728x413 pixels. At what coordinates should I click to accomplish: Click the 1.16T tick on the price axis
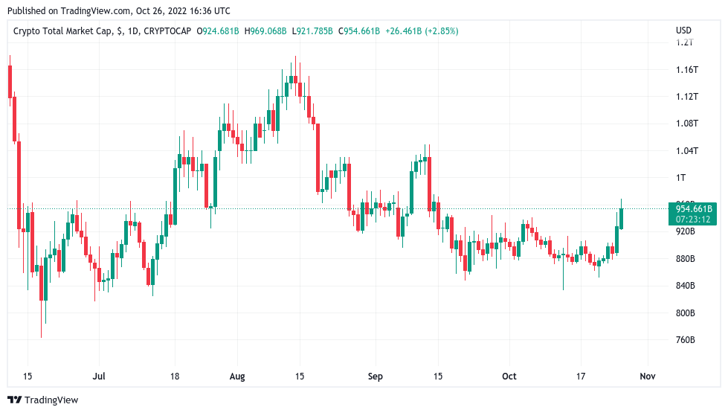[686, 69]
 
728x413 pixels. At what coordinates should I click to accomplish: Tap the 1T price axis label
[680, 178]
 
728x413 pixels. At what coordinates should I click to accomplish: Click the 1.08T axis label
[686, 124]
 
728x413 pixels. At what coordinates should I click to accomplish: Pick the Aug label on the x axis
[237, 377]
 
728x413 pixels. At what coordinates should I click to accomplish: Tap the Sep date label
[375, 377]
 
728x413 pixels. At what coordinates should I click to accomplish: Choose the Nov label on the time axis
[648, 377]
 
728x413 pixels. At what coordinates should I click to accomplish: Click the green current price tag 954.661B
[695, 209]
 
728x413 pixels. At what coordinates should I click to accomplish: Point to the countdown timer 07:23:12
[695, 219]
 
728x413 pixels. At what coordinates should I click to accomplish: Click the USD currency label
[683, 31]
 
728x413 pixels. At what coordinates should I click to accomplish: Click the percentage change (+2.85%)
[439, 31]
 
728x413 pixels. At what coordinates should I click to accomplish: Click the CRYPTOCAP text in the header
[167, 31]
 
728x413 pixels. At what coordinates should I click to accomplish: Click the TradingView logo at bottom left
[42, 400]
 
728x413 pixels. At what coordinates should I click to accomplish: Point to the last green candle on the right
[621, 217]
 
